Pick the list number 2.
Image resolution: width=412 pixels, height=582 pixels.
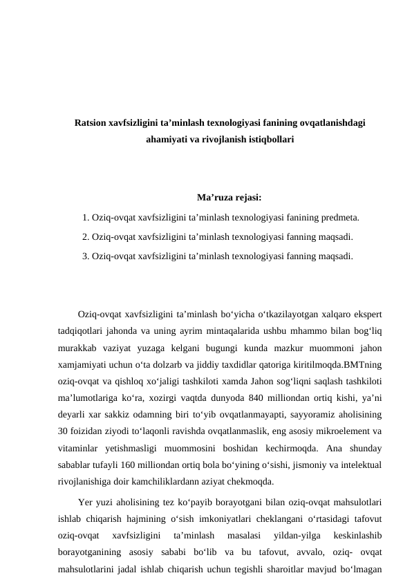(84, 236)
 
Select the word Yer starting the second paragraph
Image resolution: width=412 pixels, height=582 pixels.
(87, 502)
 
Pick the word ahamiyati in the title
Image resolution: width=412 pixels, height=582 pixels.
(167, 138)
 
